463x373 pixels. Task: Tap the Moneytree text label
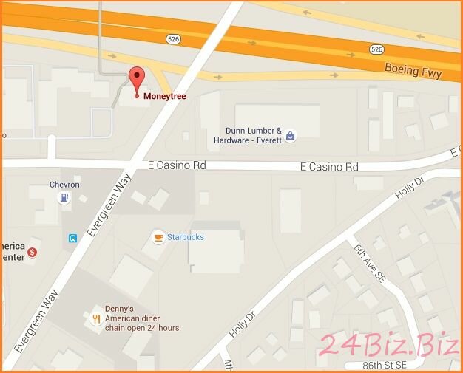164,96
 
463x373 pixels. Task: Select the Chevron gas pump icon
65,196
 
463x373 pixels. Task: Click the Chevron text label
64,184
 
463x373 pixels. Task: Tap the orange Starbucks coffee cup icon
158,237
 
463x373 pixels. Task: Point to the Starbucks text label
186,237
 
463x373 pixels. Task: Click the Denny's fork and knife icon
96,319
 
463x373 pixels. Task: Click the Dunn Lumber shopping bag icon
291,135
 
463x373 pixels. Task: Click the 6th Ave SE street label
369,264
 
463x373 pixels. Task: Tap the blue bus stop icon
73,238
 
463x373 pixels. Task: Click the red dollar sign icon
32,252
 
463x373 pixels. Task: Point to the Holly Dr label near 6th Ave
408,189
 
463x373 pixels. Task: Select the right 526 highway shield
376,49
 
